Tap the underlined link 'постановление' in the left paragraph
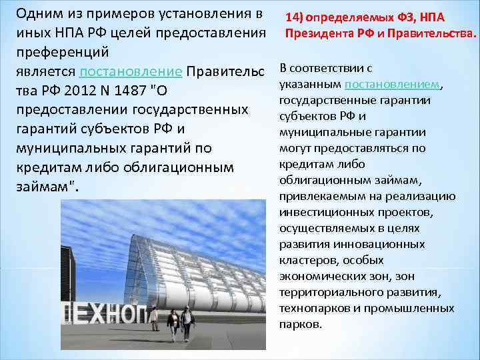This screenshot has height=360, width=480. click(x=130, y=71)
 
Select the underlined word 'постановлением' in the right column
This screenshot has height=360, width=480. click(x=392, y=85)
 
